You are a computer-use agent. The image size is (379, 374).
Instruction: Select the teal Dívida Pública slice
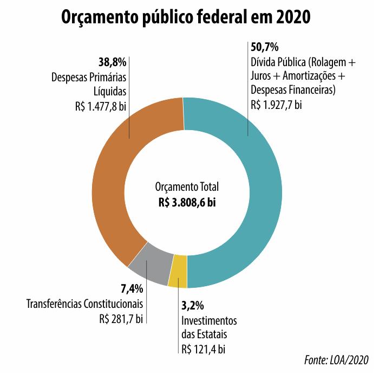(254, 190)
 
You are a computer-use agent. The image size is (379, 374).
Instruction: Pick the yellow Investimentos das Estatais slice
(178, 272)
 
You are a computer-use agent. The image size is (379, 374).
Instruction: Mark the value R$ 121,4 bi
(204, 349)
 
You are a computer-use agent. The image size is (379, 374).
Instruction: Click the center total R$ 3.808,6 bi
(187, 202)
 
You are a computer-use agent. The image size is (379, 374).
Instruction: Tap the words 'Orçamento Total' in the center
(187, 188)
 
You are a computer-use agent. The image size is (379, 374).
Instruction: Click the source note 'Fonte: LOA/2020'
(336, 360)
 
